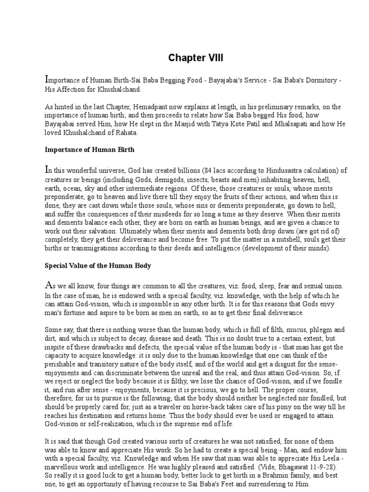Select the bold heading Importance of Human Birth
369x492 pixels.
[x=90, y=149]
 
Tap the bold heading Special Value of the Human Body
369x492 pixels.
[x=98, y=265]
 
